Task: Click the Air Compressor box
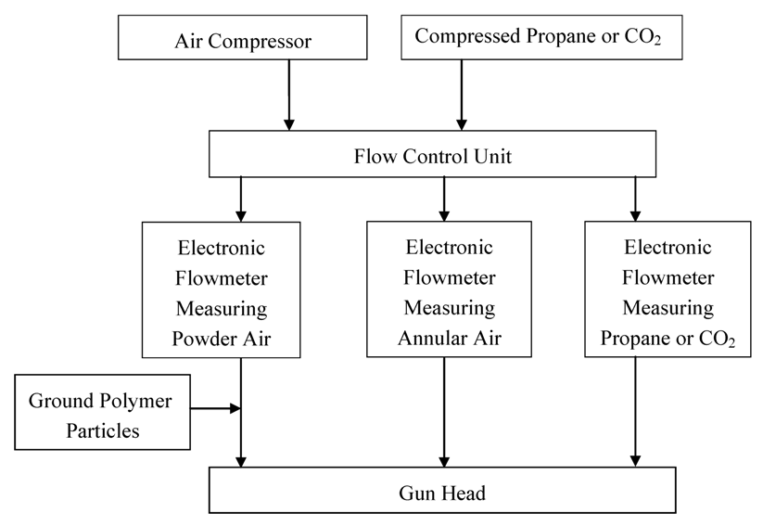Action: pos(243,42)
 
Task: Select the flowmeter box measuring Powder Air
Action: pos(221,289)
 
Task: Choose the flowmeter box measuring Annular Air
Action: pos(449,289)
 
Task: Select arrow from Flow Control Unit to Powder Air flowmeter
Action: pos(241,198)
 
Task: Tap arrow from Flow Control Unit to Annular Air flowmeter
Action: pos(444,198)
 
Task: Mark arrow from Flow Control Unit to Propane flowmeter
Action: pos(635,198)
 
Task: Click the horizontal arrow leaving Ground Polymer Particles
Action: pos(215,406)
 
